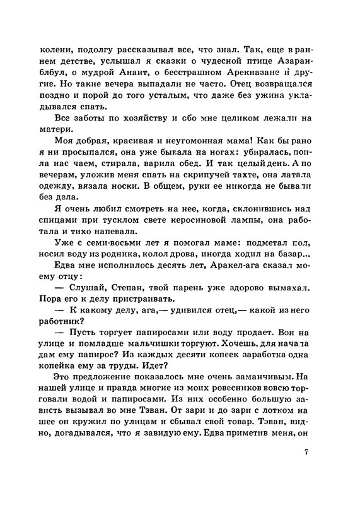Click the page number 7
pyautogui.click(x=306, y=453)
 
